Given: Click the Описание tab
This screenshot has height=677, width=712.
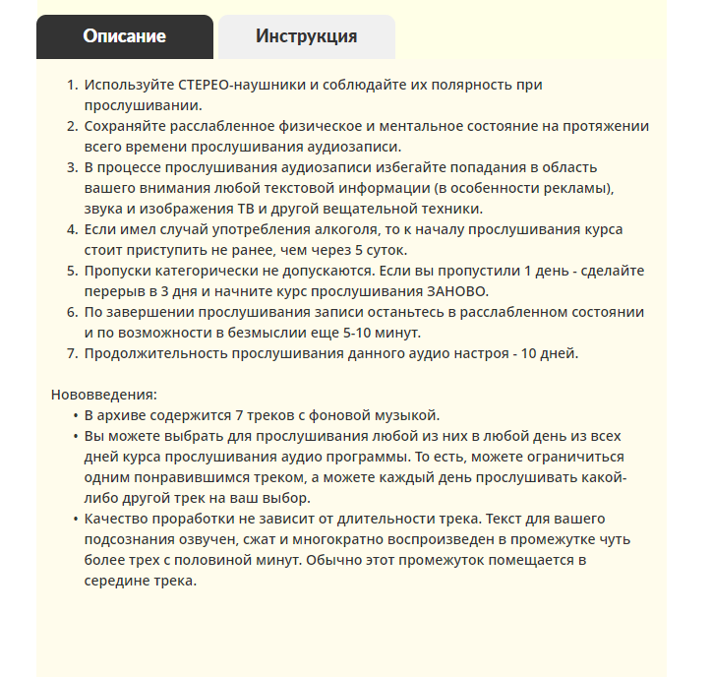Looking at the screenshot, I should pos(124,37).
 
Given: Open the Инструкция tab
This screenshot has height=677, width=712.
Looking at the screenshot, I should pos(306,37).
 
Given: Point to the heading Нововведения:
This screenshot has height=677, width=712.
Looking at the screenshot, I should pos(103,395).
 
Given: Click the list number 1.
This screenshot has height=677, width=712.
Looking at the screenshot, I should pos(71,85).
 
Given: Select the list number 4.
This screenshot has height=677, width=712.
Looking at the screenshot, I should pos(71,229).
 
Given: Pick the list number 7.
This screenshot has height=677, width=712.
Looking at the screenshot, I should pos(71,353).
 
